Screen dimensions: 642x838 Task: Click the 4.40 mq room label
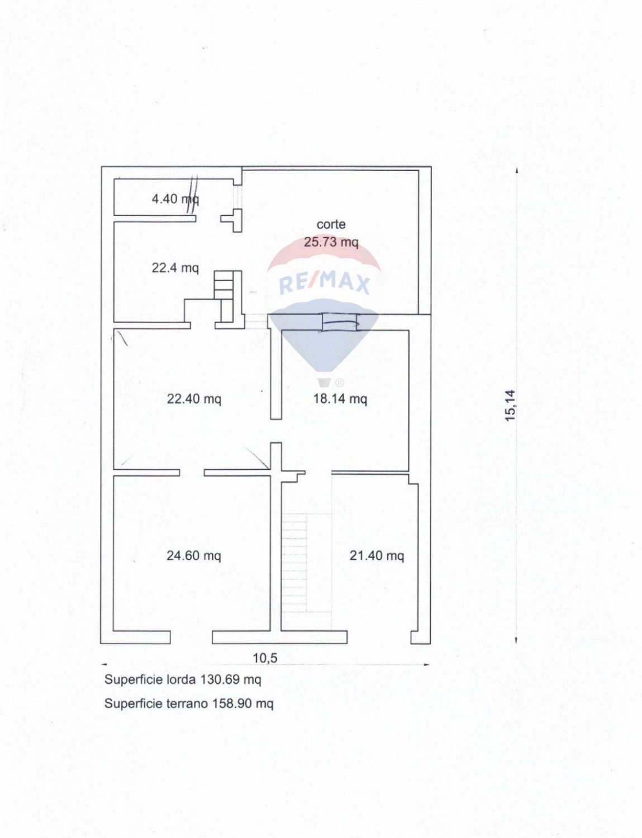pyautogui.click(x=175, y=199)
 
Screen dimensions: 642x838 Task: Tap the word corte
pyautogui.click(x=331, y=224)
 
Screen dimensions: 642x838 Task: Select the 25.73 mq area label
pyautogui.click(x=331, y=242)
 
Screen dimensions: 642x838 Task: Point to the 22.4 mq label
pyautogui.click(x=175, y=267)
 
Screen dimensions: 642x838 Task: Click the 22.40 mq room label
pyautogui.click(x=194, y=398)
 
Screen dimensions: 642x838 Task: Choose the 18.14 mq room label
pyautogui.click(x=340, y=398)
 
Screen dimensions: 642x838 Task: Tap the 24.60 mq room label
pyautogui.click(x=194, y=556)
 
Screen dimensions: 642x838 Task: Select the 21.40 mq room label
pyautogui.click(x=377, y=556)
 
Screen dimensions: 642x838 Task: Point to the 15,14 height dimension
pyautogui.click(x=510, y=406)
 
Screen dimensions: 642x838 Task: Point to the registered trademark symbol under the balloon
pyautogui.click(x=339, y=383)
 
